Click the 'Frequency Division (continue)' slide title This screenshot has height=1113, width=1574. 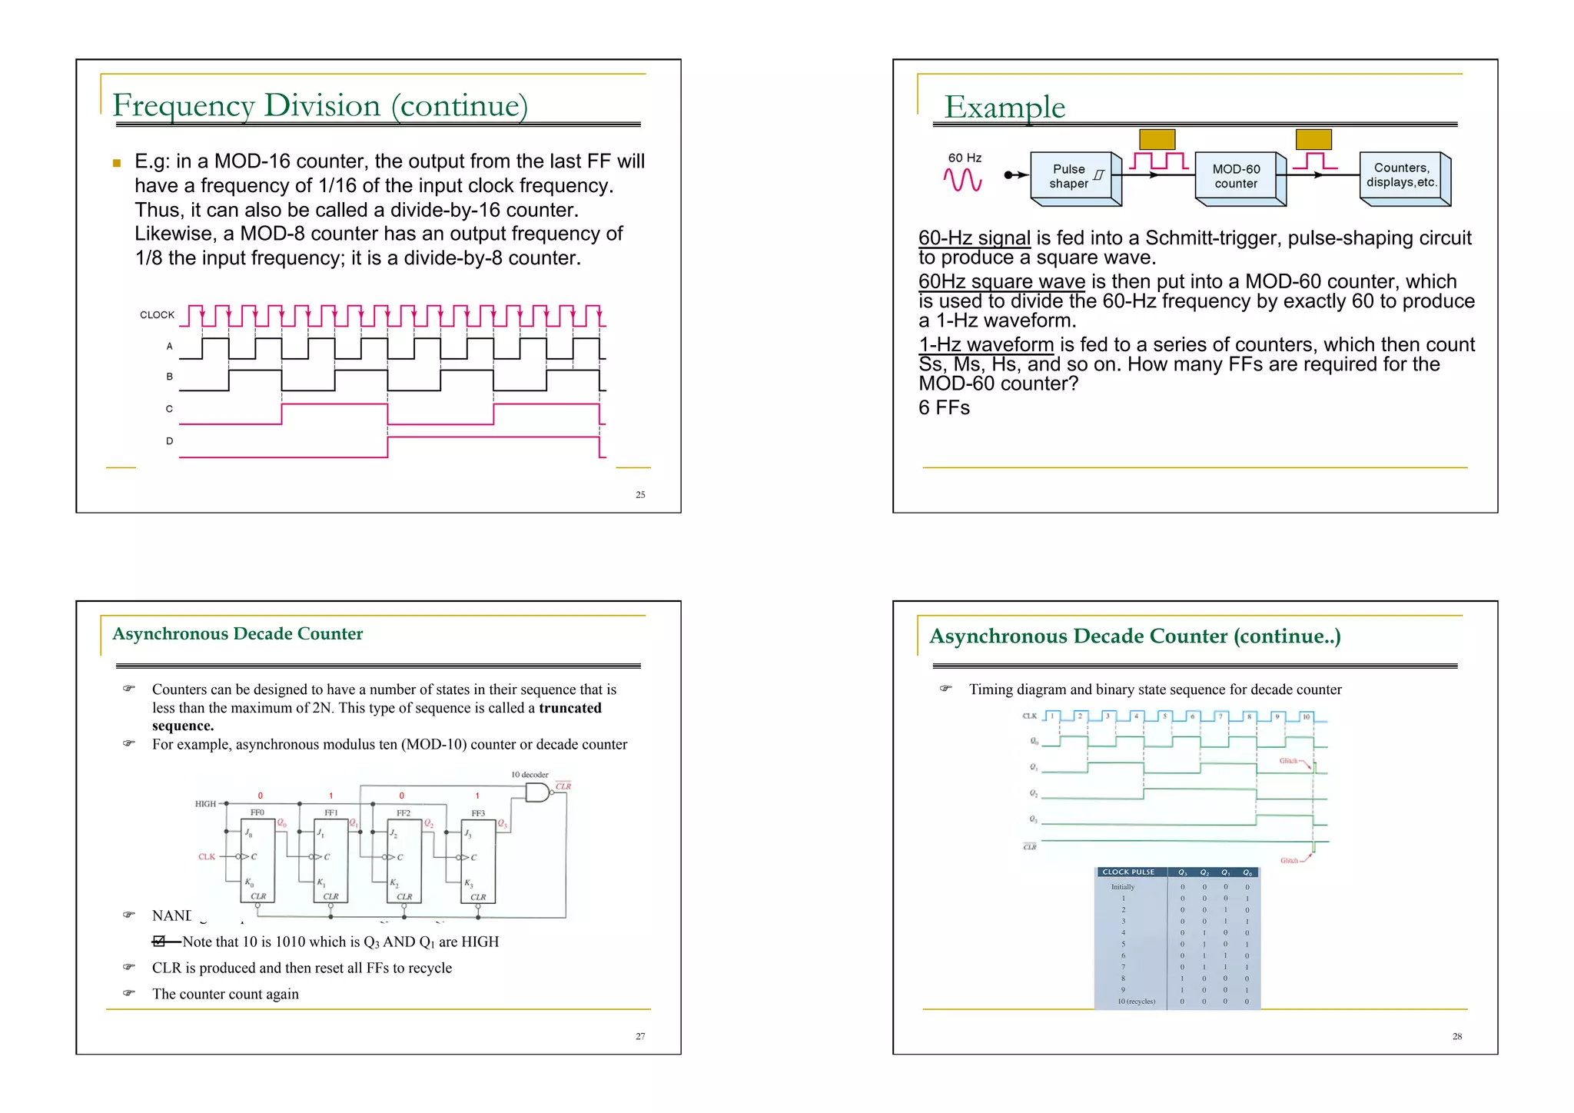pyautogui.click(x=320, y=105)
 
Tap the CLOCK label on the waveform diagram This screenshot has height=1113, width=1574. pyautogui.click(x=157, y=314)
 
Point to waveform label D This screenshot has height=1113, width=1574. pyautogui.click(x=169, y=441)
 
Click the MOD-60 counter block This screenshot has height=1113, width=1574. pyautogui.click(x=1236, y=177)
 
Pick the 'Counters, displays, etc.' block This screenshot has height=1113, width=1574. pyautogui.click(x=1401, y=175)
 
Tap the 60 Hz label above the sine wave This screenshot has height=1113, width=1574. pyautogui.click(x=965, y=158)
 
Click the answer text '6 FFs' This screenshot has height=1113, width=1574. pyautogui.click(x=944, y=408)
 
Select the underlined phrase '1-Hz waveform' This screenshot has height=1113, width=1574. pyautogui.click(x=986, y=344)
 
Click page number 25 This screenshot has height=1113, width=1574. pyautogui.click(x=640, y=495)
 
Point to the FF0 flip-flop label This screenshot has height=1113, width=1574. pyautogui.click(x=257, y=812)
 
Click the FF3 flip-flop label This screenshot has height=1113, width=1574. pyautogui.click(x=478, y=813)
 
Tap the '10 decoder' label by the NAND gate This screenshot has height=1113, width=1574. pyautogui.click(x=530, y=775)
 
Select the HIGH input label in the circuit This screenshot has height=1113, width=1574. pyautogui.click(x=205, y=804)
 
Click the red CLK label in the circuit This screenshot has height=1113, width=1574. pyautogui.click(x=207, y=856)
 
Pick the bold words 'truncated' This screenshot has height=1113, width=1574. pyautogui.click(x=569, y=708)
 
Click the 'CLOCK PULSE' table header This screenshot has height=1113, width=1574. pyautogui.click(x=1128, y=872)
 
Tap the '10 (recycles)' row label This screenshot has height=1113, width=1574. pyautogui.click(x=1136, y=1002)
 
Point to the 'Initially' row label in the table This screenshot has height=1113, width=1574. pyautogui.click(x=1122, y=887)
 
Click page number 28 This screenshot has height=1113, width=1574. pyautogui.click(x=1457, y=1037)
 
